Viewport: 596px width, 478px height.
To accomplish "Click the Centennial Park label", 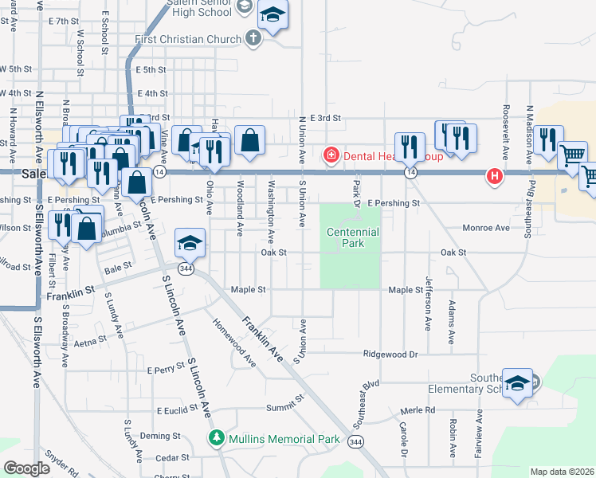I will [x=353, y=238].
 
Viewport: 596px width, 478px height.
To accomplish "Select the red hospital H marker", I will [x=495, y=175].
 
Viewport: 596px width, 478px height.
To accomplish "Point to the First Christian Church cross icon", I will [x=253, y=39].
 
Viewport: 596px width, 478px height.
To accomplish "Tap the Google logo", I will [x=26, y=468].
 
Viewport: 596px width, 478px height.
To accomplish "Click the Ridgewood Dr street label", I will [x=390, y=354].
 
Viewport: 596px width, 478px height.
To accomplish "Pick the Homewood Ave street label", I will [x=233, y=343].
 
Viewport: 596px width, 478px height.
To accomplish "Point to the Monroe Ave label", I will [x=486, y=228].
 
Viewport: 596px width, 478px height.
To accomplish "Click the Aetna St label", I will [x=90, y=340].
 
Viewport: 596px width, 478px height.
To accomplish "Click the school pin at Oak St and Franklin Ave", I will [x=191, y=243].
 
